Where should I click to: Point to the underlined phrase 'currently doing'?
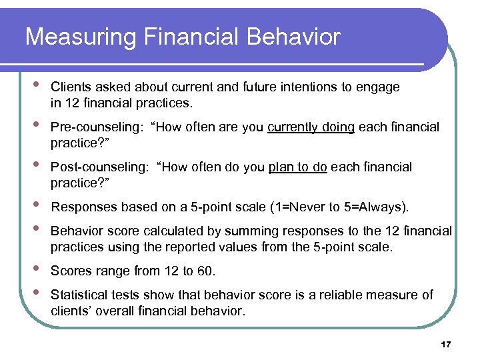pyautogui.click(x=311, y=127)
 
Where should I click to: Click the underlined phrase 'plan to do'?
pyautogui.click(x=297, y=167)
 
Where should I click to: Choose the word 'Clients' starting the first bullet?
pyautogui.click(x=71, y=87)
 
